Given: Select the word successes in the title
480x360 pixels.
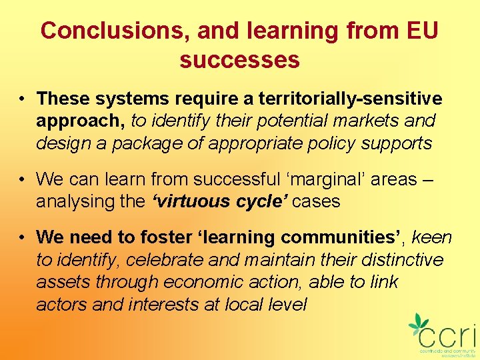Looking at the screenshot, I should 239,60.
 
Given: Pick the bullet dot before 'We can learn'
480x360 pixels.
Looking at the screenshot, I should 23,179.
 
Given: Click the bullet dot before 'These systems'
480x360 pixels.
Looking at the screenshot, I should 23,99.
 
